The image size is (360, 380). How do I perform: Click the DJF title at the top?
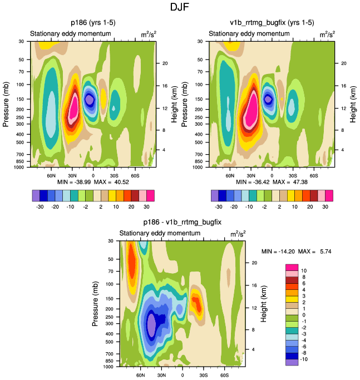(x=180, y=8)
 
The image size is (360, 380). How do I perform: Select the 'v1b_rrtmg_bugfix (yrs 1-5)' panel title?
(x=272, y=23)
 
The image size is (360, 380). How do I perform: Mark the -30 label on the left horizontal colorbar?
(x=41, y=205)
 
